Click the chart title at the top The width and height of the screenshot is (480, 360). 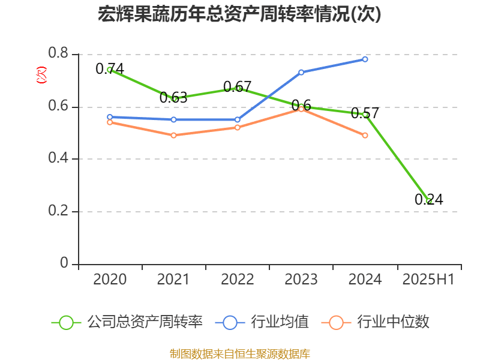pyautogui.click(x=239, y=14)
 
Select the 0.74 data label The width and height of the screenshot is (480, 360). pyautogui.click(x=110, y=69)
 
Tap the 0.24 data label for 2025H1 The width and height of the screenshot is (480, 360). pyautogui.click(x=428, y=200)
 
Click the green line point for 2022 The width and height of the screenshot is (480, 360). pyautogui.click(x=238, y=88)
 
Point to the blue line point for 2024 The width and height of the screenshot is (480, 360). pyautogui.click(x=365, y=59)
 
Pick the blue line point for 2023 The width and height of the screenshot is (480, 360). pyautogui.click(x=301, y=72)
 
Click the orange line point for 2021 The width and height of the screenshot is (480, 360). pyautogui.click(x=173, y=136)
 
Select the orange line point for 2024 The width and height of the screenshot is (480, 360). pyautogui.click(x=365, y=136)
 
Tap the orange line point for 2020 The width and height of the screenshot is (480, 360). pyautogui.click(x=110, y=122)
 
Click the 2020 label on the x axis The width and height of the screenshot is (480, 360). pyautogui.click(x=110, y=280)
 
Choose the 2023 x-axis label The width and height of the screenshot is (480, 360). pyautogui.click(x=301, y=280)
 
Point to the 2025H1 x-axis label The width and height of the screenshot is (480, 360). pyautogui.click(x=428, y=280)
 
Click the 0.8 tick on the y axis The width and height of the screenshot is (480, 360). pyautogui.click(x=58, y=55)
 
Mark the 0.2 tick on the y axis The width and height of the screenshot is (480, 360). pyautogui.click(x=58, y=212)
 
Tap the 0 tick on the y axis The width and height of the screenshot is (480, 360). pyautogui.click(x=65, y=264)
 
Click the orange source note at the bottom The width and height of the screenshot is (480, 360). pyautogui.click(x=239, y=353)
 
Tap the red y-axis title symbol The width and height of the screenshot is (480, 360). pyautogui.click(x=41, y=76)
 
